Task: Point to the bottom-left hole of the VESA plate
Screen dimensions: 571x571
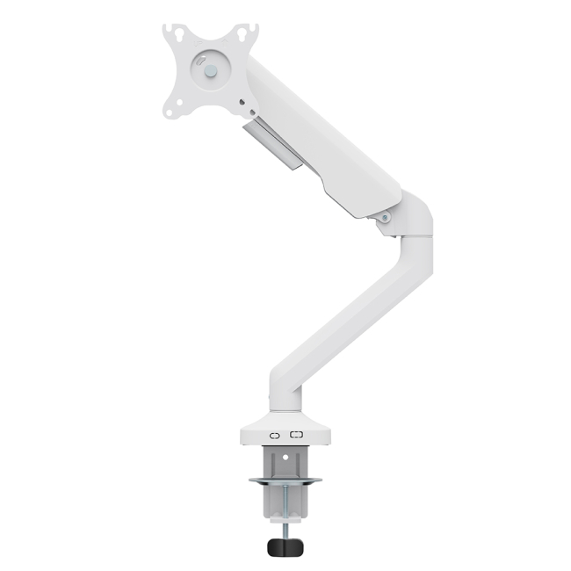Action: click(x=171, y=111)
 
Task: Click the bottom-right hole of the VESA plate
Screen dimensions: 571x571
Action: click(x=249, y=111)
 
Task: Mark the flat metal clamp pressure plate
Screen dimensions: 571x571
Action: click(x=285, y=481)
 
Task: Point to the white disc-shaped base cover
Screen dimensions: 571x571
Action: click(x=285, y=434)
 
